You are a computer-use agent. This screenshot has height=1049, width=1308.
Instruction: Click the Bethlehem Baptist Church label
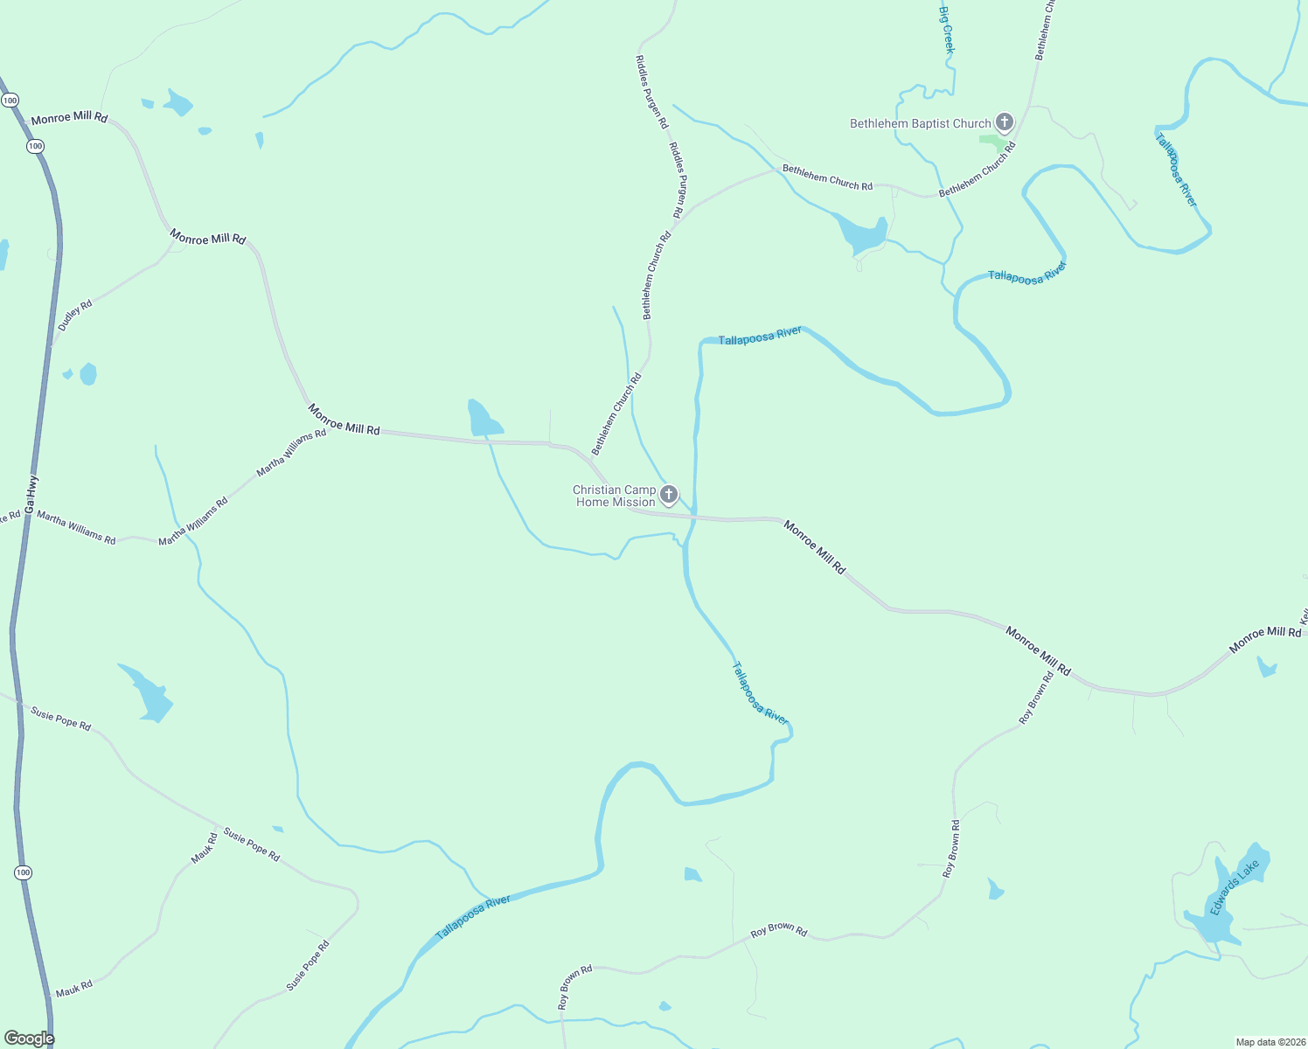coord(920,124)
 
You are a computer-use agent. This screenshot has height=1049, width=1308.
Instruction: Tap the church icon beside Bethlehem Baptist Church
coord(1005,122)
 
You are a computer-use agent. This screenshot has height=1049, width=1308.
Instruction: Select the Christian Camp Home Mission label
coord(615,496)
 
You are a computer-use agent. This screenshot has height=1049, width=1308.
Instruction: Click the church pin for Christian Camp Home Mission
coord(669,495)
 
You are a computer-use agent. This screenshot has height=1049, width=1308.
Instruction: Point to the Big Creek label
coord(946,30)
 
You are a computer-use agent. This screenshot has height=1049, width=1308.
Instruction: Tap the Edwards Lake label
coord(1235,886)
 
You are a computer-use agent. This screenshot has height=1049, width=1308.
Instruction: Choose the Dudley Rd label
coord(75,316)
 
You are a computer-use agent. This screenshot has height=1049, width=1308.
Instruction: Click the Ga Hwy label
coord(31,494)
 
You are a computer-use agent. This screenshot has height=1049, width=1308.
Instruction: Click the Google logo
coord(29,1038)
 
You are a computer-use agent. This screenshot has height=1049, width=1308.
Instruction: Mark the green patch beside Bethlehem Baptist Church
coord(991,141)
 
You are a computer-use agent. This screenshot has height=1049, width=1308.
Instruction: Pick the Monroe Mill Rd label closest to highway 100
coord(69,117)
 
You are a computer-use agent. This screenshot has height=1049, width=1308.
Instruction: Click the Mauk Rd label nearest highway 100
coord(73,989)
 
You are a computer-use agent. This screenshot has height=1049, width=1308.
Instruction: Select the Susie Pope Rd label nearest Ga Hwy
coord(60,719)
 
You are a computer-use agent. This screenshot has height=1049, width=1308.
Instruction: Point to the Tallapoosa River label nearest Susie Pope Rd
coord(473,917)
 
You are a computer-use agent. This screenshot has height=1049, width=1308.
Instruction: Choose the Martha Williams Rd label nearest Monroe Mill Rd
coord(291,454)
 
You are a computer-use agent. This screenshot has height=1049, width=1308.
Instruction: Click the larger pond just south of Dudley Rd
coord(88,374)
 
